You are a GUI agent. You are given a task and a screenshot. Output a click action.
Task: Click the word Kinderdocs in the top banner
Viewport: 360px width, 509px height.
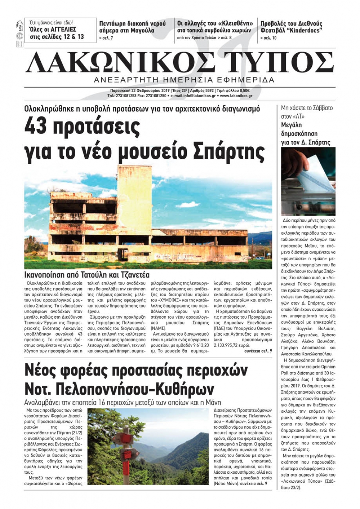(304, 31)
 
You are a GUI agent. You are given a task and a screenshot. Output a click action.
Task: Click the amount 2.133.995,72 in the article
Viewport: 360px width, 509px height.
(228, 345)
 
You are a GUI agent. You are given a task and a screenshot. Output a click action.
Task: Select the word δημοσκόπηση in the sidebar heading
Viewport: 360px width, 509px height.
(299, 134)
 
